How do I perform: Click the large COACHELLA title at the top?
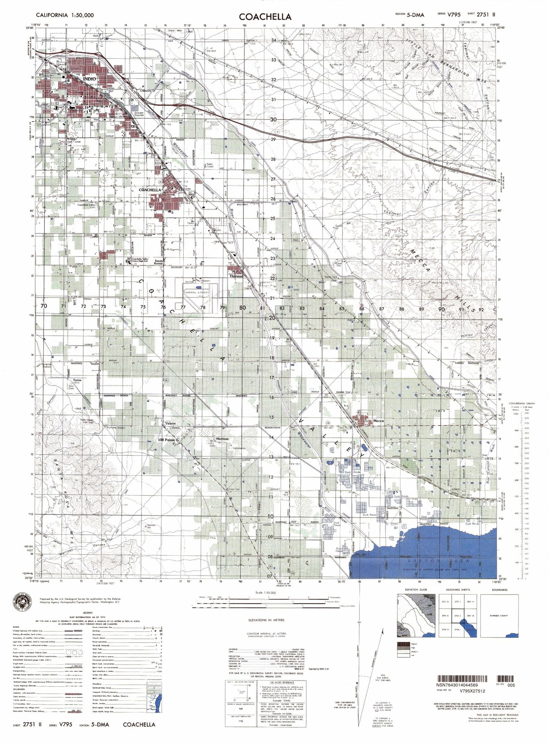265,16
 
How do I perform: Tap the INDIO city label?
89,79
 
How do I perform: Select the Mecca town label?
378,421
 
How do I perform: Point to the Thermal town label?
236,276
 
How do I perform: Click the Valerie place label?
171,423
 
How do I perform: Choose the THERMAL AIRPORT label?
197,292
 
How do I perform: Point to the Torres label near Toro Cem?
77,380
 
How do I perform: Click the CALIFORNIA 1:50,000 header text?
65,15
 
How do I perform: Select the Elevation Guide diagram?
416,616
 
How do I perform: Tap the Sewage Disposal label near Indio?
139,114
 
